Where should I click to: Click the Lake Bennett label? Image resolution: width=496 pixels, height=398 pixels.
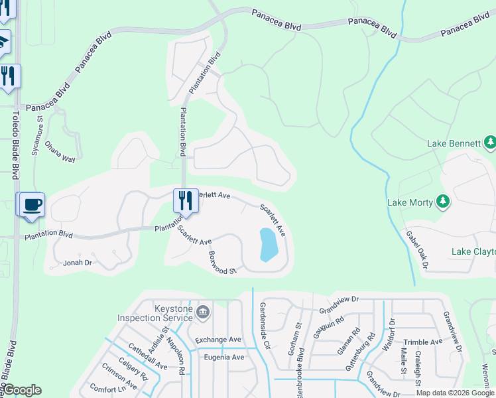click(x=453, y=143)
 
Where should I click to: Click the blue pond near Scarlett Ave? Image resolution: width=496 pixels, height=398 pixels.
click(x=268, y=245)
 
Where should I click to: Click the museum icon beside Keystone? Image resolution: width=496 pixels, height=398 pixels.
click(x=204, y=310)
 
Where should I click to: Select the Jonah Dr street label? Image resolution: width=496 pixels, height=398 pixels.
click(x=77, y=263)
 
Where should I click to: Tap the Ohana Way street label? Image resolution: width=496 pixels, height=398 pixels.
click(x=60, y=150)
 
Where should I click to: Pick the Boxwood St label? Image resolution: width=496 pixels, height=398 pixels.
click(x=222, y=263)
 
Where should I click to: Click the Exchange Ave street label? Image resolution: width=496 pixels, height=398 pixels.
click(x=217, y=340)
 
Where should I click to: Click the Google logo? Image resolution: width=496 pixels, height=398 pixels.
click(x=22, y=391)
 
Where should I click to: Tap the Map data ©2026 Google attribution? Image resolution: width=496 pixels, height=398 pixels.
click(x=455, y=393)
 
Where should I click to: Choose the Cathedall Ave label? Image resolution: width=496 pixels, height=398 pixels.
click(x=148, y=357)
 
